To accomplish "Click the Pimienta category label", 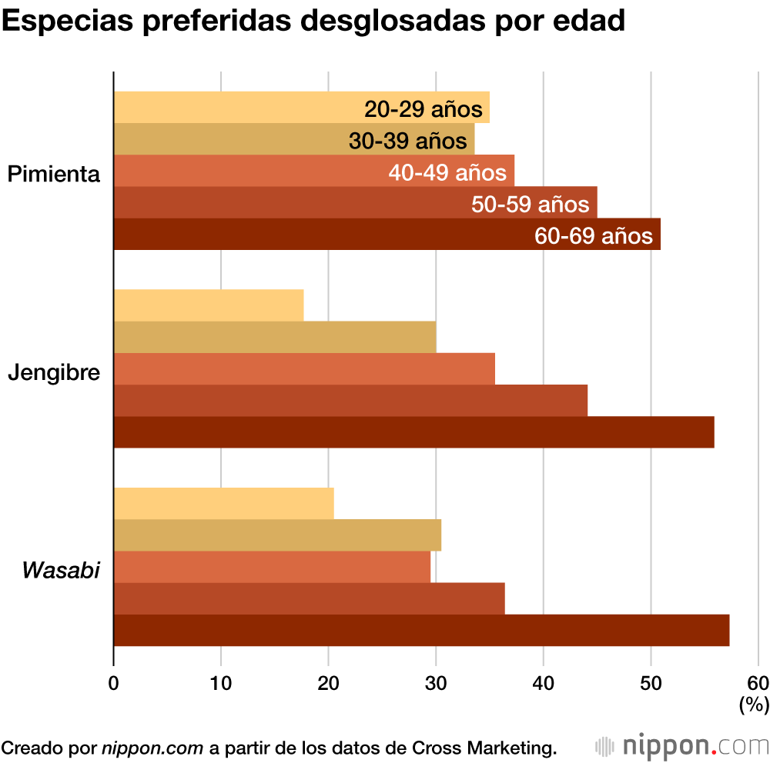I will tap(54, 175).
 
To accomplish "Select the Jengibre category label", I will tap(54, 373).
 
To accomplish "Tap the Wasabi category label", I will tap(61, 571).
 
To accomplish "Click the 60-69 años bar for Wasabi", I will tap(421, 631).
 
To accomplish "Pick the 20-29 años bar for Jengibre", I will tap(209, 305).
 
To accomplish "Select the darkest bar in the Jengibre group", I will tap(413, 432).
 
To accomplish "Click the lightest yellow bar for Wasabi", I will tap(223, 504).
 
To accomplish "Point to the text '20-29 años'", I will tap(423, 109).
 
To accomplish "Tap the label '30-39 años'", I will tap(407, 142).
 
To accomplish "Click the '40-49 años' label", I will tap(447, 173).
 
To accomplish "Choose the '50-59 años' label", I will tap(530, 205).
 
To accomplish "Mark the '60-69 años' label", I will tap(594, 236).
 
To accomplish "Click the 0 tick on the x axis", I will tap(114, 683).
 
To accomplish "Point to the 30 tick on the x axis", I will tap(437, 683).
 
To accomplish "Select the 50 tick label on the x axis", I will tap(651, 683).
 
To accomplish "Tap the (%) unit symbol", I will tap(754, 703).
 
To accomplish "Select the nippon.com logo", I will tap(682, 746).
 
